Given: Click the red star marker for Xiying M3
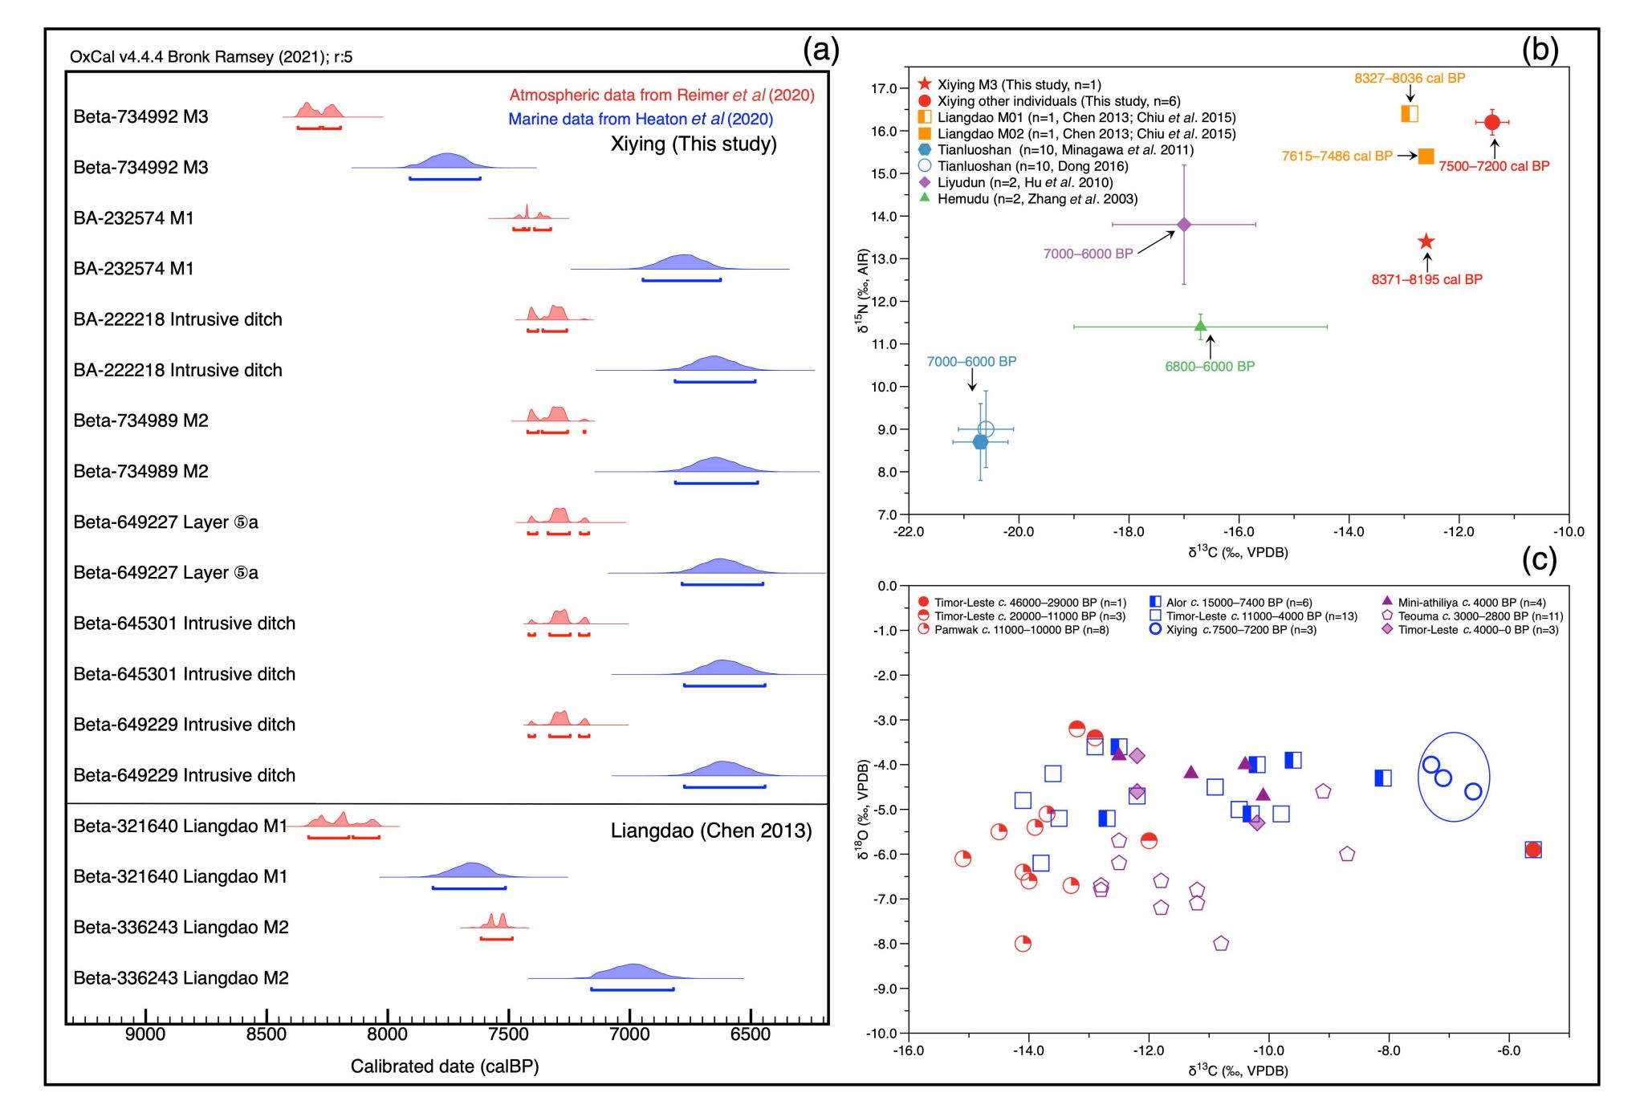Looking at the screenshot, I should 1426,242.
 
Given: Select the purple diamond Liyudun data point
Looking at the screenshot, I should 1183,225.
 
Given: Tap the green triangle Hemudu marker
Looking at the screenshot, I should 1200,326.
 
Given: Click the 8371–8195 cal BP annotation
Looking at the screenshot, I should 1426,279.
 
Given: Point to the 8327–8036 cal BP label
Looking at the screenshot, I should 1410,78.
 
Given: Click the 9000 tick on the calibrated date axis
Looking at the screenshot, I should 145,1034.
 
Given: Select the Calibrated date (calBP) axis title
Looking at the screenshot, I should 444,1066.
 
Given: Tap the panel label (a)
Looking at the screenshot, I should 820,51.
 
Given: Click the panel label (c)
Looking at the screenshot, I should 1539,559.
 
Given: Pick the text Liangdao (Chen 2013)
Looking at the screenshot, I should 710,831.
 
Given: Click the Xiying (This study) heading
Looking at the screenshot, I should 693,144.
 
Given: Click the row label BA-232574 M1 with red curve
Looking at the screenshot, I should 133,218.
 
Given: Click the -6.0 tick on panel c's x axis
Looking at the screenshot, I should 1508,1050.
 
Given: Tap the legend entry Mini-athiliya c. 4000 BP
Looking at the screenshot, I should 1471,603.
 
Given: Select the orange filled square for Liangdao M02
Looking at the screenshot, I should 1426,156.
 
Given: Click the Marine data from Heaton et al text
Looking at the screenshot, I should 640,120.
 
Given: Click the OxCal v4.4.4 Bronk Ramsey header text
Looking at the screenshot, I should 211,57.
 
